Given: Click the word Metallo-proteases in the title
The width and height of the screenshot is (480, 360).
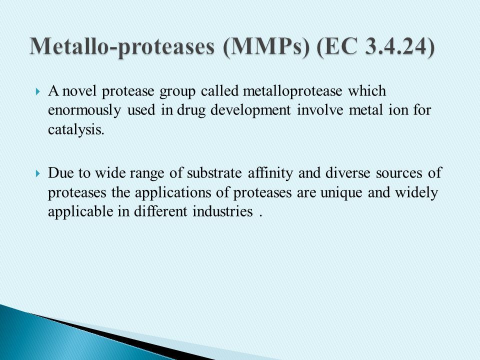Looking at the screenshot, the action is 122,47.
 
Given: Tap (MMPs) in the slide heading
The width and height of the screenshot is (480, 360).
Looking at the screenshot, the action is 266,47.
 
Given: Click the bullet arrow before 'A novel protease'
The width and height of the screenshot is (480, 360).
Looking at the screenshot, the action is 37,91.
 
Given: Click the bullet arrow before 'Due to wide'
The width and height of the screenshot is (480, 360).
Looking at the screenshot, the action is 37,174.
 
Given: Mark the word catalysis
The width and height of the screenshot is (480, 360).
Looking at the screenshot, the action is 76,130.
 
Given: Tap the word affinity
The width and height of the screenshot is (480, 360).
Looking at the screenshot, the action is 270,173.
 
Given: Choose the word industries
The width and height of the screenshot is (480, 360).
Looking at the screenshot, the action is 222,211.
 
